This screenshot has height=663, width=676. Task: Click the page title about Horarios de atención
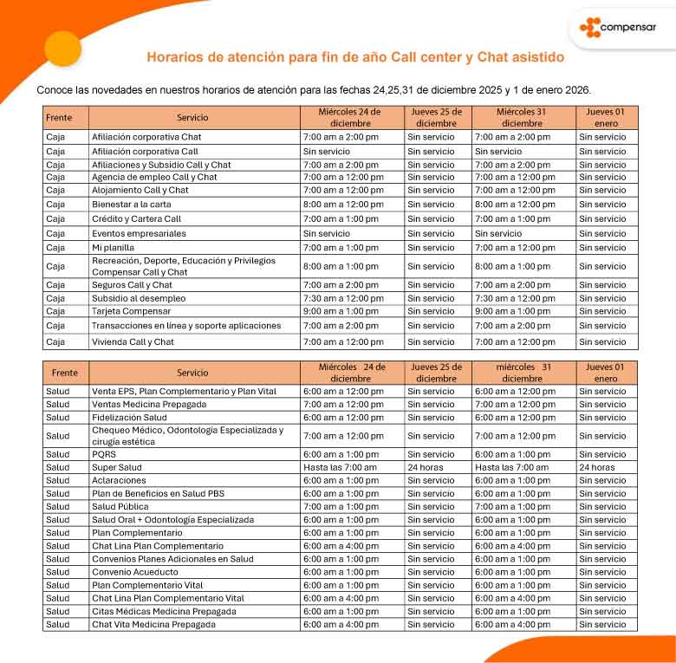tap(355, 57)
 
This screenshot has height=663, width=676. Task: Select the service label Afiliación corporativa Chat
tap(146, 137)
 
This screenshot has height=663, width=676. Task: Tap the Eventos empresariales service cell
tap(139, 233)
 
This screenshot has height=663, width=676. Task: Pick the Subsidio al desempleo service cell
tap(139, 298)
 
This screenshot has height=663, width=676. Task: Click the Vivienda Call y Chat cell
tap(133, 341)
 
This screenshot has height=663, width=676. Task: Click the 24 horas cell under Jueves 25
tap(426, 467)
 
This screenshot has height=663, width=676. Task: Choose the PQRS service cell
tap(105, 454)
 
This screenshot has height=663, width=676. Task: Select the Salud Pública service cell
tap(120, 506)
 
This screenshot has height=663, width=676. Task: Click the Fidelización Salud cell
tap(130, 417)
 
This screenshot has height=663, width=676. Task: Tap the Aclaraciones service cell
tap(120, 480)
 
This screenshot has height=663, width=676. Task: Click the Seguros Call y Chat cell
tap(132, 285)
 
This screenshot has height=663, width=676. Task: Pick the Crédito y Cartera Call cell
tap(136, 219)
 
